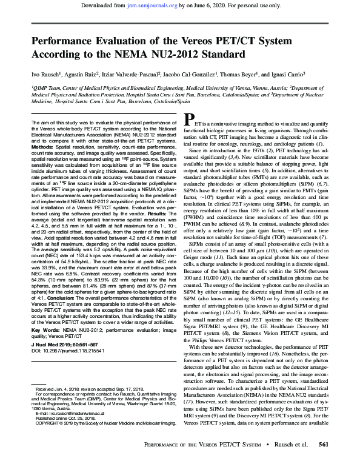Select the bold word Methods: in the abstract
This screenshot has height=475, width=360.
[42, 147]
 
